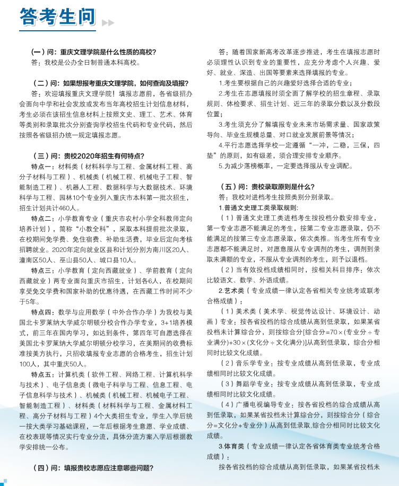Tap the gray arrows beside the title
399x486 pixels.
click(108, 23)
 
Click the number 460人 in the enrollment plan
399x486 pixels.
click(70, 207)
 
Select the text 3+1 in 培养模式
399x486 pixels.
click(163, 322)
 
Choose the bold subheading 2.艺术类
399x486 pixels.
click(231, 291)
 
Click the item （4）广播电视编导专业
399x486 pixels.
click(257, 405)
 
